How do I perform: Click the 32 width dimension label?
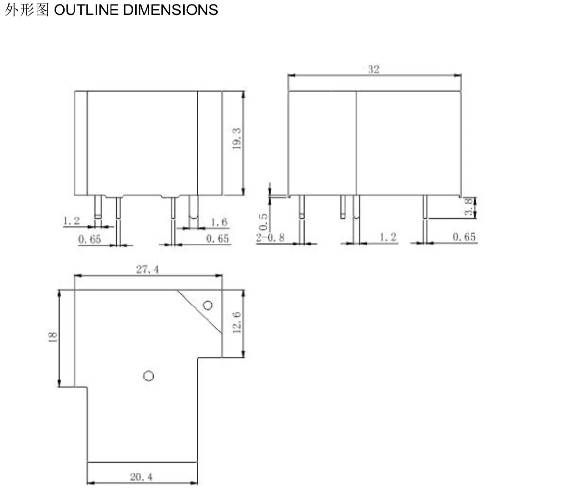(374, 69)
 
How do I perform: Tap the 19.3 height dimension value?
(236, 138)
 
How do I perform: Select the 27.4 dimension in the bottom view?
(148, 269)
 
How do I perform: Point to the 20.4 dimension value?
(141, 477)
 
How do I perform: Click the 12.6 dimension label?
(236, 323)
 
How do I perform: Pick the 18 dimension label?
(52, 337)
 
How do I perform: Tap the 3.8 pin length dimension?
(468, 207)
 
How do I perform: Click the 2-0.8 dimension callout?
(271, 237)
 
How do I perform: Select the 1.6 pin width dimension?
(219, 222)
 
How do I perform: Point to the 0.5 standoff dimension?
(263, 221)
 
